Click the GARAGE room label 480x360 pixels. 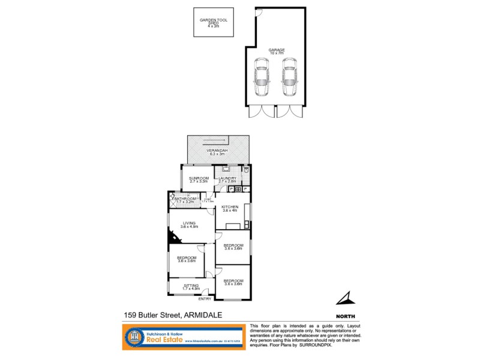[277, 50]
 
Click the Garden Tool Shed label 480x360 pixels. [214, 20]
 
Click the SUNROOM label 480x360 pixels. [199, 178]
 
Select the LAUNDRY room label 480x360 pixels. [227, 178]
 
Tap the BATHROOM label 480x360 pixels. [185, 199]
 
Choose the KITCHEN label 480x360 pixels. [230, 207]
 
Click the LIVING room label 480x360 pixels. [190, 223]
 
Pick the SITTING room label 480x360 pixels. [191, 286]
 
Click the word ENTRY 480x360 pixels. [205, 298]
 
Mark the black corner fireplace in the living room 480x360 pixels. [172, 238]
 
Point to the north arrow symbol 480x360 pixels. [344, 298]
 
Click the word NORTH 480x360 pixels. [346, 316]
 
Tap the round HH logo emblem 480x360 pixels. [137, 337]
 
